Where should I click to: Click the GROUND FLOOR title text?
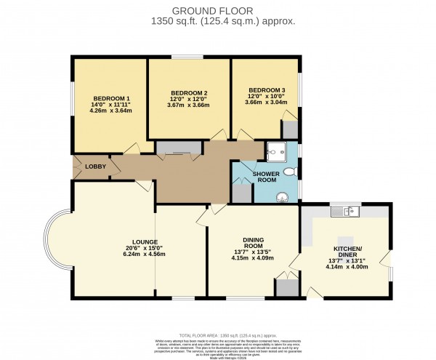[218, 10]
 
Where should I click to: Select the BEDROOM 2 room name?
[189, 93]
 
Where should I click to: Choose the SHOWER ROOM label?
[265, 179]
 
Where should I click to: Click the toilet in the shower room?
[289, 172]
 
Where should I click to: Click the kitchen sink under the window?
[346, 212]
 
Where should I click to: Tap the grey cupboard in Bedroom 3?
[289, 130]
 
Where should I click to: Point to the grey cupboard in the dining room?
[286, 287]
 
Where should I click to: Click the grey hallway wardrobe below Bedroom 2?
[178, 148]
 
